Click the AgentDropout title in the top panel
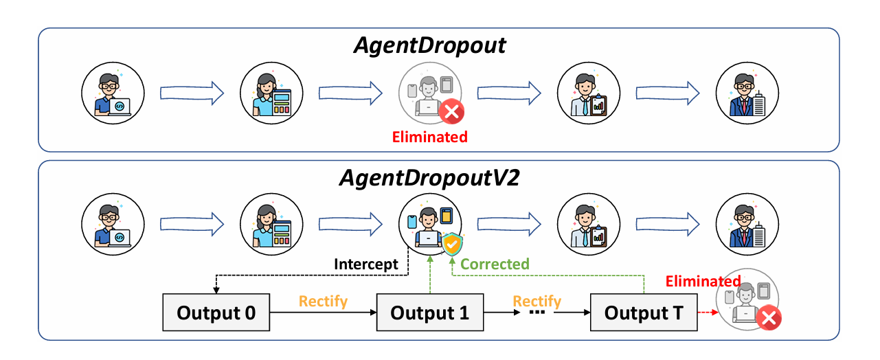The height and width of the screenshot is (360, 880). point(429,45)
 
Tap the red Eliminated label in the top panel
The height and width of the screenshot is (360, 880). point(429,137)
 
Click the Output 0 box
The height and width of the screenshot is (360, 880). point(216,313)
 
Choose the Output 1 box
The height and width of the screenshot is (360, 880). point(429,313)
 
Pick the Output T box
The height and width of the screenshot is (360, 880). point(643,313)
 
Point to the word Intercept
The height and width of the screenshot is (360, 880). point(366,265)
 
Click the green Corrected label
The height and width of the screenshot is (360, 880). point(495,265)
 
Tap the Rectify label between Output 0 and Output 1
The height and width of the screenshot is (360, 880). point(323,302)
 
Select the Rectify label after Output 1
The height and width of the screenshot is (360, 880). point(537,302)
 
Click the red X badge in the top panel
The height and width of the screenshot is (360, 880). point(451,111)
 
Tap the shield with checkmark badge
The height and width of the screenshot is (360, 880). point(452,245)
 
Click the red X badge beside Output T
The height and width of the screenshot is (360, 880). point(770,318)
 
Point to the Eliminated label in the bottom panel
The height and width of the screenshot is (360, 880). point(703,281)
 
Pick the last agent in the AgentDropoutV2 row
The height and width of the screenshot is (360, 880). point(747,224)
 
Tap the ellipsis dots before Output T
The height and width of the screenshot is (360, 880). point(538,313)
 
